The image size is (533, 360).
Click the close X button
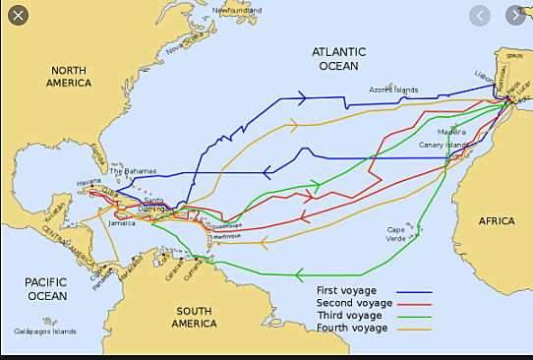coord(18,16)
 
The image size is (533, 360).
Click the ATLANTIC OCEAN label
coord(338,58)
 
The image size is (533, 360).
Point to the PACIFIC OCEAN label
coord(45,288)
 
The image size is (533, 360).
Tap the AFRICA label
coord(497,221)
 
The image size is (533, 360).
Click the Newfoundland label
coord(237,10)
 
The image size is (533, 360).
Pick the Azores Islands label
coord(393,90)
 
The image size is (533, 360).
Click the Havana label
coord(89,182)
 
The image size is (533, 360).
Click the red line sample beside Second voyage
coord(413,303)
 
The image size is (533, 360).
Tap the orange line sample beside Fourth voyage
coord(413,328)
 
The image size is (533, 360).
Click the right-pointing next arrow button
coord(515,16)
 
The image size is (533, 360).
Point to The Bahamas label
coord(133,171)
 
